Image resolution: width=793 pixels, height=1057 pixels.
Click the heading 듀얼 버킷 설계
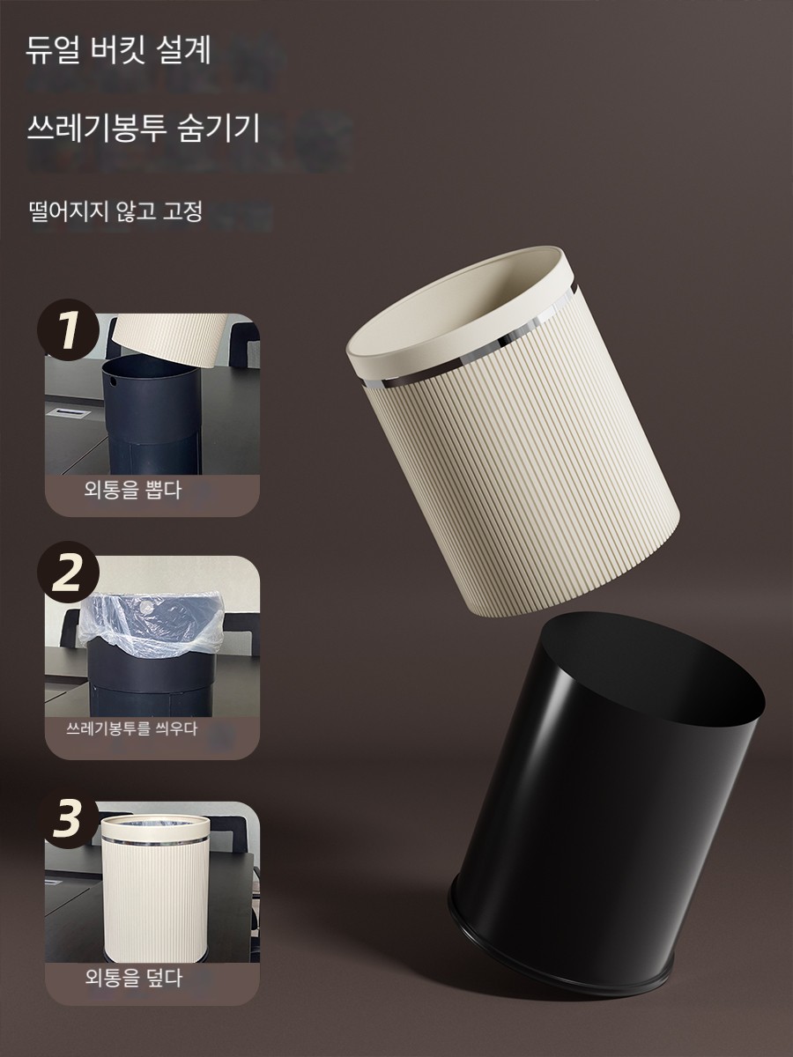click(118, 50)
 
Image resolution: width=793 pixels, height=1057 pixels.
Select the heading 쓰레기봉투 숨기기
click(143, 127)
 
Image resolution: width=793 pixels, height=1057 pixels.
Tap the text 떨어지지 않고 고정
click(115, 211)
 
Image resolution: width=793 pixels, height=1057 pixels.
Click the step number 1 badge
click(68, 329)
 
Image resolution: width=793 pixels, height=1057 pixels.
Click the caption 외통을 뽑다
click(133, 491)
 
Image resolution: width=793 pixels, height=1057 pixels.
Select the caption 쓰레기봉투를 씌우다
click(131, 728)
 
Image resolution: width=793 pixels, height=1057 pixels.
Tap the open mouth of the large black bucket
click(648, 667)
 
